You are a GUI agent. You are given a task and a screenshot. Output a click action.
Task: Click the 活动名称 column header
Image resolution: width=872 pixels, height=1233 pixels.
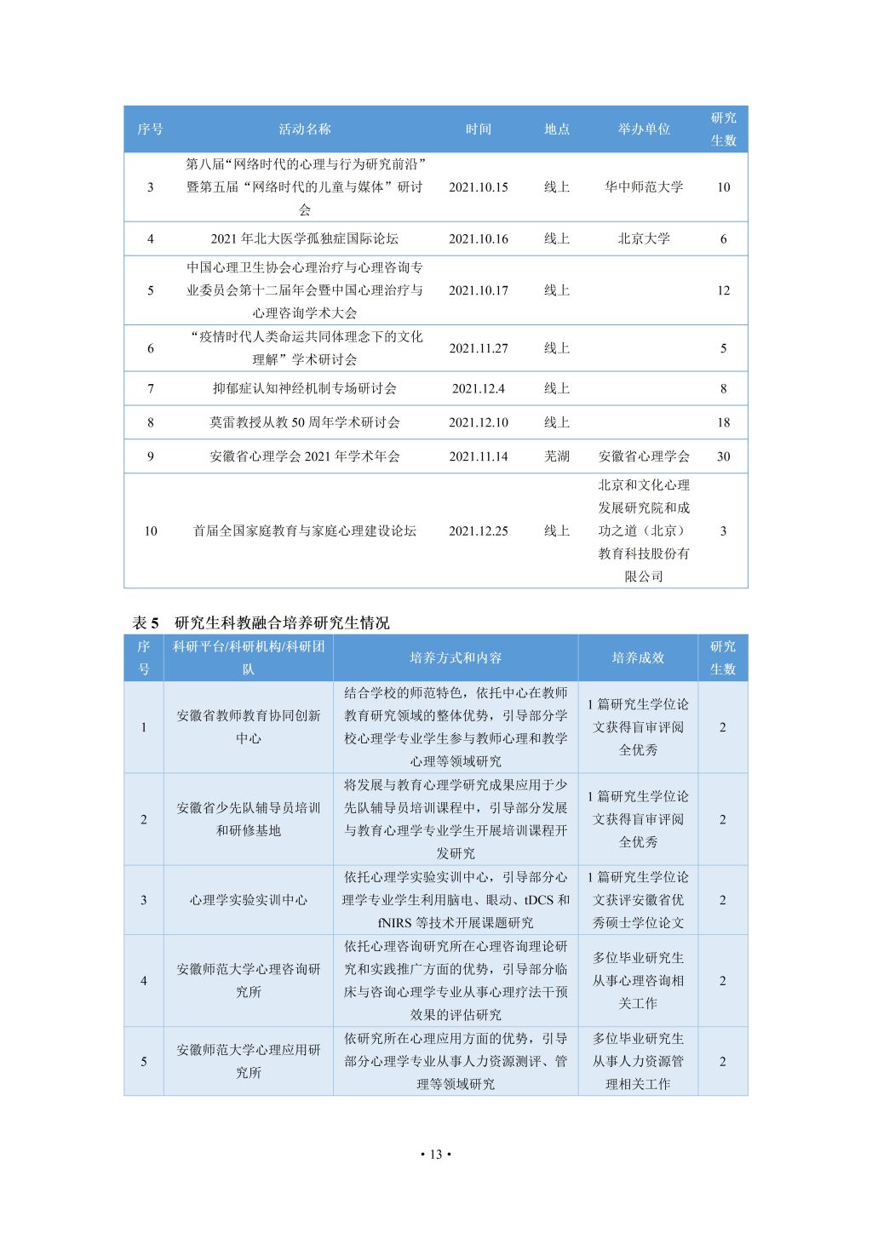(304, 129)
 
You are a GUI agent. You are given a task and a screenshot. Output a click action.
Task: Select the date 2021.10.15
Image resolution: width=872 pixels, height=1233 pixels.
(478, 187)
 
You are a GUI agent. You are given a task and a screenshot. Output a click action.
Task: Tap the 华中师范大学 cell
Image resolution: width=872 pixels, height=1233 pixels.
(644, 187)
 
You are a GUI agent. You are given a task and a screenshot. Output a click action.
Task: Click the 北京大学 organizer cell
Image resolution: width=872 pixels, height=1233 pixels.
(644, 239)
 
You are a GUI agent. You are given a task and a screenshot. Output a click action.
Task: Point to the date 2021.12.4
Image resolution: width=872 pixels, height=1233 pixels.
(478, 389)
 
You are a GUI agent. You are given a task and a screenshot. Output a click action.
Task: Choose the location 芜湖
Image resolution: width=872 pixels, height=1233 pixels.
(557, 456)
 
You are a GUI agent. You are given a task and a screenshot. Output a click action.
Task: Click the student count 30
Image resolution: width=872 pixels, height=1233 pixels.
(723, 456)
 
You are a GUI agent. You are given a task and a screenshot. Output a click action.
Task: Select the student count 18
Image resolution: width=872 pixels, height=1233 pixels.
(723, 422)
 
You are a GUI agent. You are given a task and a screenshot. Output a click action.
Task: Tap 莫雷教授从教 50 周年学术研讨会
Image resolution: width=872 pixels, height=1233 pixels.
(304, 422)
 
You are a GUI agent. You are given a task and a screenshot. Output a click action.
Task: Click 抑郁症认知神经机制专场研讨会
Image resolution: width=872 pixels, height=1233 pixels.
(304, 389)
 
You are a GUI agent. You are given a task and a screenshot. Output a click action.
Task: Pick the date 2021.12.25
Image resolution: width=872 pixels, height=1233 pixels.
(478, 531)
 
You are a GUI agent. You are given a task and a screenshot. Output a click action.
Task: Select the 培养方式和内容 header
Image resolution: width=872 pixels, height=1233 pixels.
(456, 658)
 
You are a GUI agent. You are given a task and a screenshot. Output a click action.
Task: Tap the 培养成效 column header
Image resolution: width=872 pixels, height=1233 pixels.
(638, 658)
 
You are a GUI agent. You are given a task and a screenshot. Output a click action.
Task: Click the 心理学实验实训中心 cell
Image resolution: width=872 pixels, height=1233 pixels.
(248, 900)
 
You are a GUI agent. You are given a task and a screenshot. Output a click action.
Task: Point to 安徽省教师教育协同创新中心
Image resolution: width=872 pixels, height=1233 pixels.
(248, 727)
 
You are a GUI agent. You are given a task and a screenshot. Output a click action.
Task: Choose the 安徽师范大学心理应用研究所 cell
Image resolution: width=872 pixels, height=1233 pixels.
(248, 1061)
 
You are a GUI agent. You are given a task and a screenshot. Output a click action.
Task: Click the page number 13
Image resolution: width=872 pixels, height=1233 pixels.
(435, 1155)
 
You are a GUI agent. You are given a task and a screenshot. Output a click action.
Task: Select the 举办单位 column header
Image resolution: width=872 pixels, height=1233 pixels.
(644, 129)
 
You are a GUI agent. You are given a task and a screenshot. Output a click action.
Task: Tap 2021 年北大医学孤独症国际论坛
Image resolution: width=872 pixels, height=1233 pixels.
(304, 239)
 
